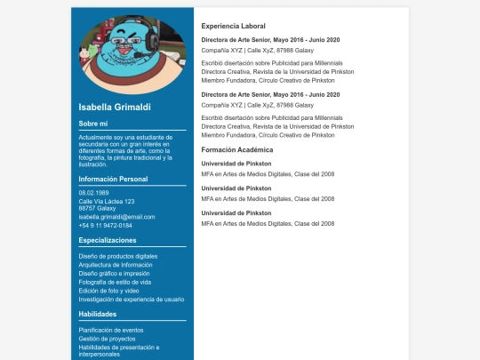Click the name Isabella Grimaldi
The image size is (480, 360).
tap(115, 107)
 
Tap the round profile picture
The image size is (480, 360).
tap(132, 55)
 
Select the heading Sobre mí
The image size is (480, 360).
tap(93, 124)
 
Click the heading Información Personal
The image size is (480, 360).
tap(113, 179)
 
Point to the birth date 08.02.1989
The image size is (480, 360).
tap(93, 193)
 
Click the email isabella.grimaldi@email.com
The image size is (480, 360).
tap(116, 217)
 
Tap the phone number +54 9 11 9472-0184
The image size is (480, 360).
tap(105, 225)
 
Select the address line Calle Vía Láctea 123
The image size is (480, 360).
tap(107, 201)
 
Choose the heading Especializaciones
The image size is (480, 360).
tap(108, 240)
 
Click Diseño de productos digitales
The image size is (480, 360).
tap(118, 256)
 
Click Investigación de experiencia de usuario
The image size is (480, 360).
tap(132, 300)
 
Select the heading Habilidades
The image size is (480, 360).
tap(97, 314)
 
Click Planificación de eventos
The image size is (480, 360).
tap(111, 330)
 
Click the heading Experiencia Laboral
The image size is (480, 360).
tap(234, 26)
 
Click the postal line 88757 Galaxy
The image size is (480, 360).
tap(97, 209)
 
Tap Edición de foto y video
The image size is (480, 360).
tap(109, 291)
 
